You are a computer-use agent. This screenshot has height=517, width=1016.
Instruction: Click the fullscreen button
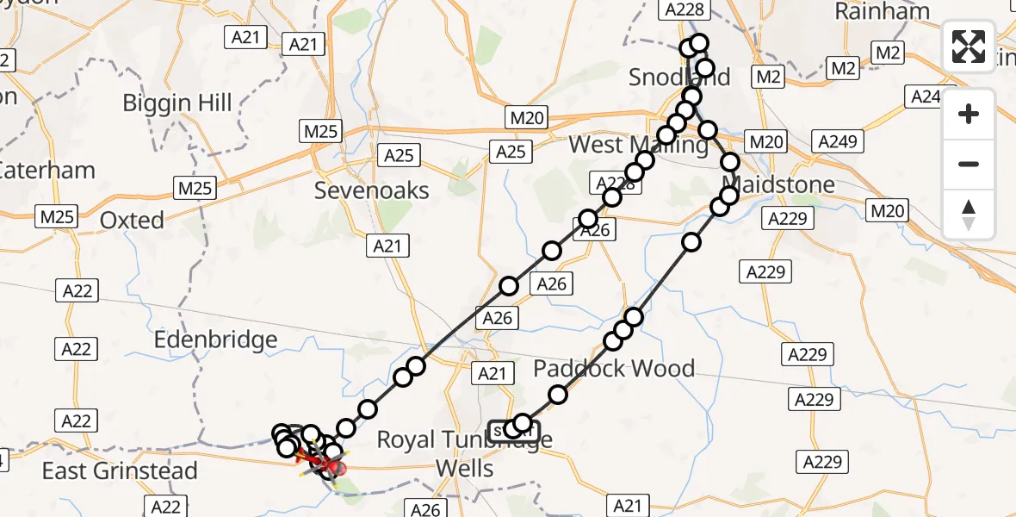tap(969, 47)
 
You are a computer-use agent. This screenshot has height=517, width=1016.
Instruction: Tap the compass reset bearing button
tap(969, 215)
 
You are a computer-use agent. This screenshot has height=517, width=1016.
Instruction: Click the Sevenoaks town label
tap(372, 190)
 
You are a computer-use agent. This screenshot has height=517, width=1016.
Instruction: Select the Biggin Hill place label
tap(177, 103)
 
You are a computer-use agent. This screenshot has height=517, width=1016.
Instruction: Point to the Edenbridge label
tap(215, 339)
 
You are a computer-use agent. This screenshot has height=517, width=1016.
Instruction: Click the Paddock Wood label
tap(614, 369)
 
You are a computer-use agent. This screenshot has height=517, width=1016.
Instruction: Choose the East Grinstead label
tap(120, 470)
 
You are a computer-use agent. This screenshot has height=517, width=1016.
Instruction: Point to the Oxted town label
tap(132, 221)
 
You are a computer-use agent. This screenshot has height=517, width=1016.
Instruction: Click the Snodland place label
tap(679, 77)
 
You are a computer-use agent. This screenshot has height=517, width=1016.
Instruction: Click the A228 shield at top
tap(684, 10)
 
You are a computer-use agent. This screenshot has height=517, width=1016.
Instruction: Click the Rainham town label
tap(883, 11)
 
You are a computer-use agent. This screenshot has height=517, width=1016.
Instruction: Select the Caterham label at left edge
tap(47, 170)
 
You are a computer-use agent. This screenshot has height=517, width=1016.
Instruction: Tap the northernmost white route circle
tap(698, 43)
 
